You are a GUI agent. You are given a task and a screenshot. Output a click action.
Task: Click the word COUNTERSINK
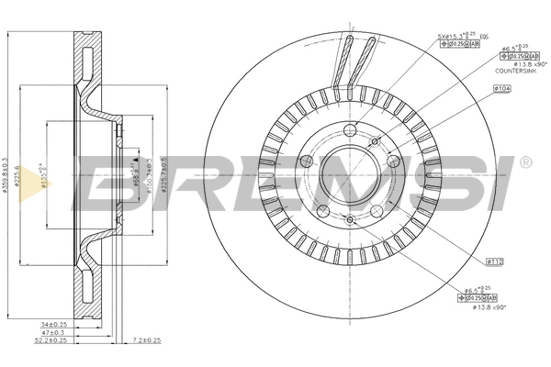tap(514, 69)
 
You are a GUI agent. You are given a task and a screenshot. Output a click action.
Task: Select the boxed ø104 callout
tap(501, 88)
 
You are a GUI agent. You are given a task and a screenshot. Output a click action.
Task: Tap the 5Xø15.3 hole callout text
tap(453, 37)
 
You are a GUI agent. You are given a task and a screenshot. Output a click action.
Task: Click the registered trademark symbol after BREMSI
tap(524, 162)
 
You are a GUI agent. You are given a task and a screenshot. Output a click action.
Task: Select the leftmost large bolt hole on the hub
tap(307, 165)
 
